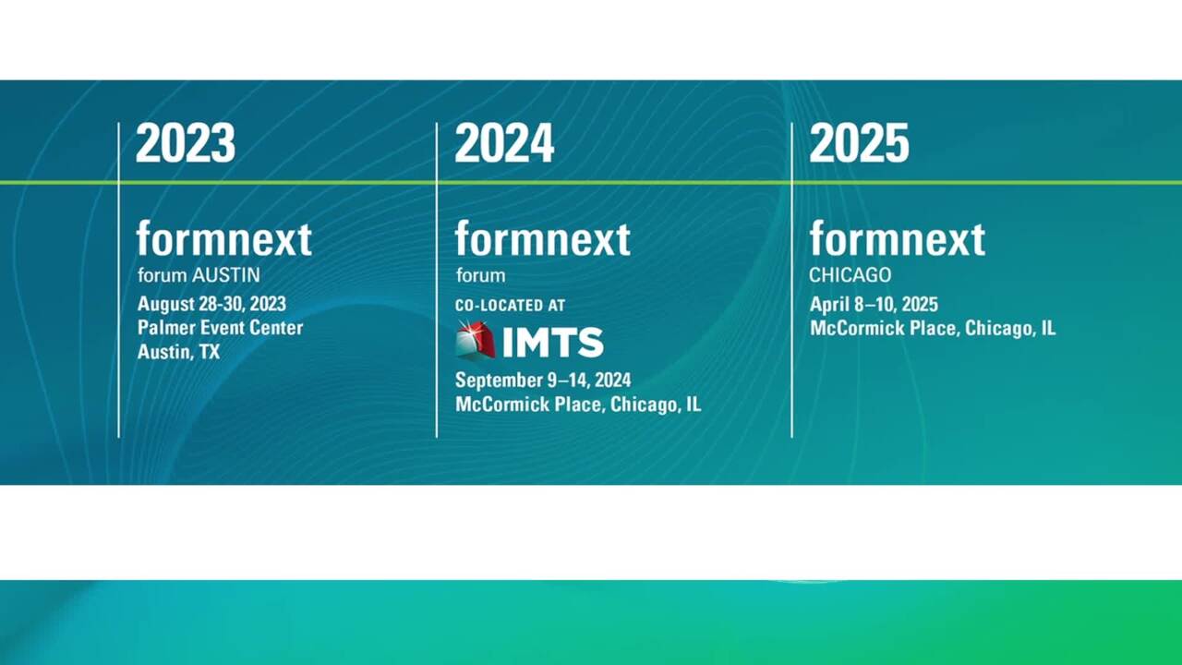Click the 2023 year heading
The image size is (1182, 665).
(x=186, y=144)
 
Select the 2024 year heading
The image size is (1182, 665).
(x=504, y=144)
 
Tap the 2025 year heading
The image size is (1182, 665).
(x=859, y=144)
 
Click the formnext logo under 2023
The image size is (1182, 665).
(x=224, y=239)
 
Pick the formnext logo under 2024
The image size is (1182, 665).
(x=542, y=239)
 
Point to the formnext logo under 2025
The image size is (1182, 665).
(x=897, y=239)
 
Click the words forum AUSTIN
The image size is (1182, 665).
(x=199, y=275)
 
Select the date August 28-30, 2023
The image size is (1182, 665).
(x=211, y=304)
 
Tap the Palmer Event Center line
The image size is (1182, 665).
(x=220, y=328)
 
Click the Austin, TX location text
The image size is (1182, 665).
(x=178, y=352)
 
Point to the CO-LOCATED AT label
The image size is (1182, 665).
(x=510, y=305)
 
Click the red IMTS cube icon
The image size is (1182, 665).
(x=476, y=341)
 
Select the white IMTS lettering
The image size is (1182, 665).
(x=553, y=343)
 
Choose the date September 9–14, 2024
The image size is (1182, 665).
(x=543, y=381)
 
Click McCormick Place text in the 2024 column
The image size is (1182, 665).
(x=530, y=405)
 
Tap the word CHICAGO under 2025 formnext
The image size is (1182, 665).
(x=850, y=275)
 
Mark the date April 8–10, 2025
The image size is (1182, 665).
(x=874, y=305)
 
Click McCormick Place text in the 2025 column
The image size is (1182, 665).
(x=884, y=329)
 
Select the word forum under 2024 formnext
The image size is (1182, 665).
(x=480, y=275)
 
